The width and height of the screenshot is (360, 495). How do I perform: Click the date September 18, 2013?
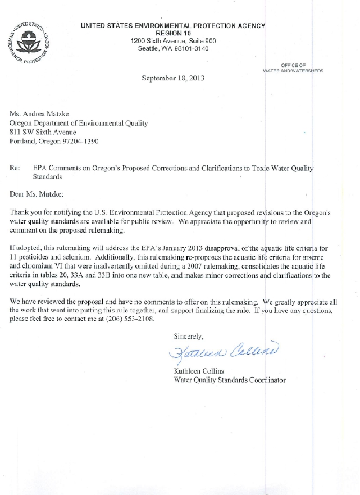pyautogui.click(x=173, y=79)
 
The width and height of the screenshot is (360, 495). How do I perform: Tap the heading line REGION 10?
pyautogui.click(x=173, y=33)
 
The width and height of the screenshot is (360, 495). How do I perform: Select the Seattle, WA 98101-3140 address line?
pyautogui.click(x=173, y=49)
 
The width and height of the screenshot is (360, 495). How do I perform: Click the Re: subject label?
pyautogui.click(x=16, y=167)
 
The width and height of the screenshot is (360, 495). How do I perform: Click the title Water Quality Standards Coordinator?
pyautogui.click(x=230, y=380)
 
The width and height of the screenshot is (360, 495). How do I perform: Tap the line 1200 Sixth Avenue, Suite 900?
pyautogui.click(x=173, y=41)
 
